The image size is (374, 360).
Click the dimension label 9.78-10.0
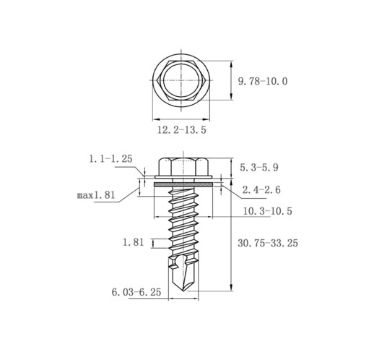[263, 82]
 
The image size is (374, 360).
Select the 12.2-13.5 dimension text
[182, 130]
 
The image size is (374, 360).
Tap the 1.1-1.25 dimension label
[110, 159]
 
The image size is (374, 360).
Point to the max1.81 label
[96, 195]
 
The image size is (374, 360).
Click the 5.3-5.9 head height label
[259, 167]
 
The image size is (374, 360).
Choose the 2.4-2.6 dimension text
[261, 190]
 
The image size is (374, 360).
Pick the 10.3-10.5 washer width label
[268, 211]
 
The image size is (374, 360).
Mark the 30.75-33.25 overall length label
[268, 243]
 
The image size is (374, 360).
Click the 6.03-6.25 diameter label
[136, 292]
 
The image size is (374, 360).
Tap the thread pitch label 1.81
[133, 242]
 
